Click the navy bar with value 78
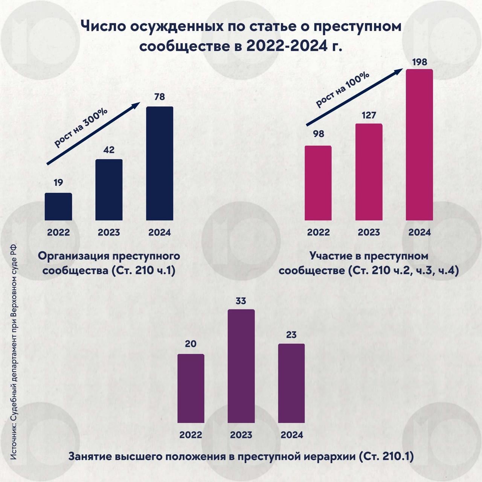(x=159, y=163)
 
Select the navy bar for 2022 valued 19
(x=58, y=207)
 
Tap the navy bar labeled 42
(x=109, y=190)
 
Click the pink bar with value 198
(x=419, y=145)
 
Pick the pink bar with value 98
(x=318, y=183)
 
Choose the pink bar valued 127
(x=369, y=172)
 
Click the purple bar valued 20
(x=191, y=388)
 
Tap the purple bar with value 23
(x=291, y=383)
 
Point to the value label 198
(x=419, y=62)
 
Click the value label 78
(x=159, y=97)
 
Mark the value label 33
(x=241, y=301)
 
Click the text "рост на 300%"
(x=81, y=127)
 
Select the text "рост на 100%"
(x=342, y=89)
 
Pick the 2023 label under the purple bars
(x=241, y=435)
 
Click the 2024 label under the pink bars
(x=419, y=232)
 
